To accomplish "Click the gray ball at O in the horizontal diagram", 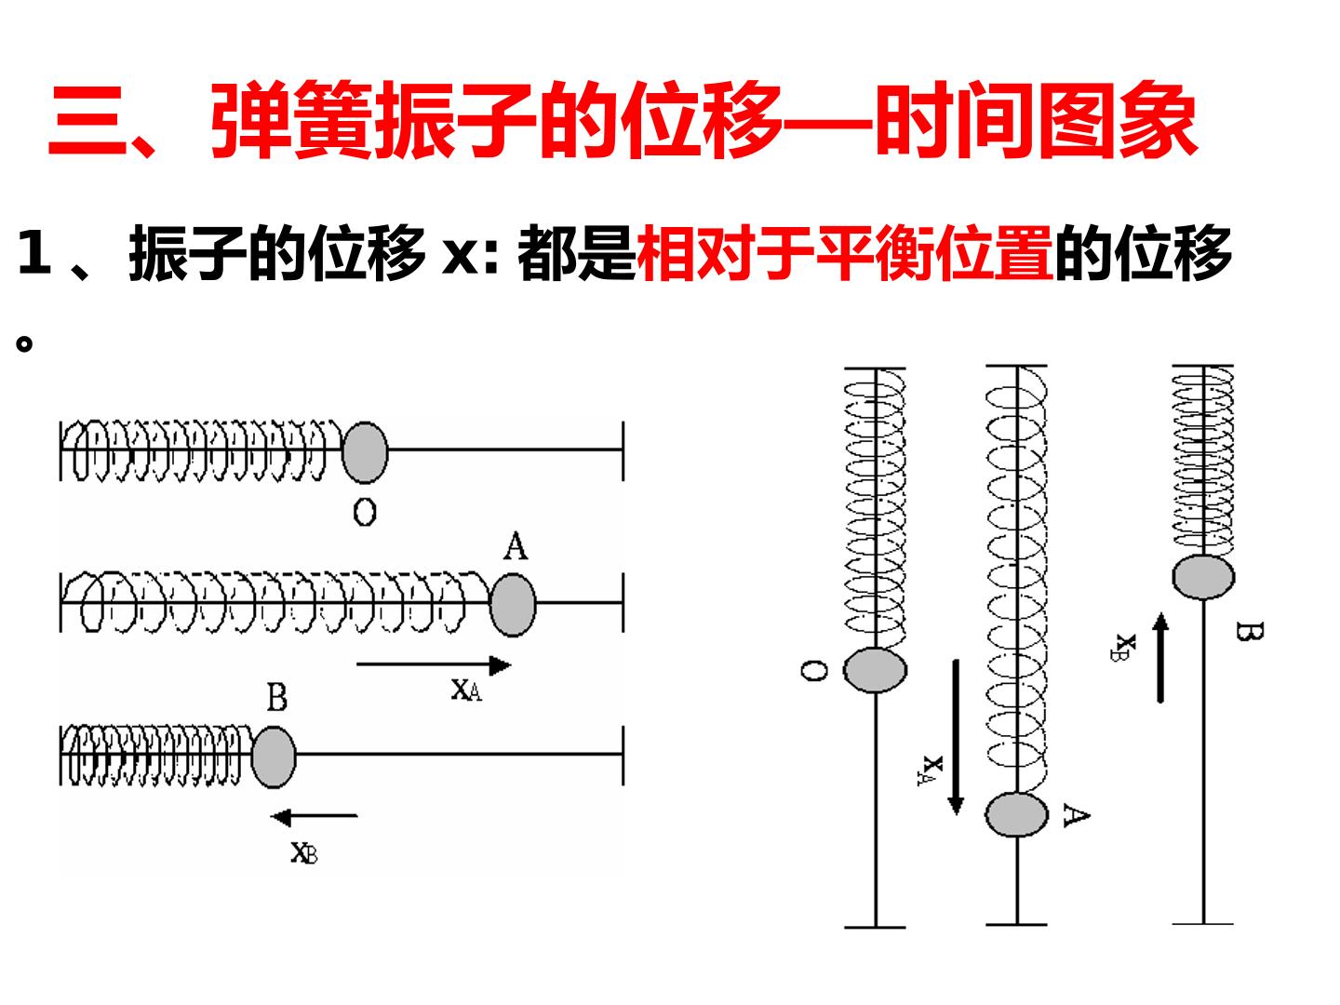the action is tap(365, 453).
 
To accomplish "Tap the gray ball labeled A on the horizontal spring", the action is tap(513, 605).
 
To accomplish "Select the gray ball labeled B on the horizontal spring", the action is tap(274, 757).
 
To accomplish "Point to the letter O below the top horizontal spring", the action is tap(365, 513).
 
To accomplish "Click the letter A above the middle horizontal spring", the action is tap(516, 546).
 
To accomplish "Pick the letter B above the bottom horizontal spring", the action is tap(277, 697).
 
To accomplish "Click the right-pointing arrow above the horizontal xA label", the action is tap(434, 664).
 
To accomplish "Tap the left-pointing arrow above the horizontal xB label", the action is tap(314, 816).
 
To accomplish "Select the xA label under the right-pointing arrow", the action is tap(466, 690).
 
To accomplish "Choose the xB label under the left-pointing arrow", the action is tap(304, 852).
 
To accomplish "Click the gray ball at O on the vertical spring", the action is tap(875, 671).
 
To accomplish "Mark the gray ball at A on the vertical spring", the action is tap(1016, 814).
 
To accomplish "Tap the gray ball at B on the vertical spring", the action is tap(1203, 577).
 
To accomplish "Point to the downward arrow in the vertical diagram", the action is tap(956, 737).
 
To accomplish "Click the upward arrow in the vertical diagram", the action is tap(1159, 658).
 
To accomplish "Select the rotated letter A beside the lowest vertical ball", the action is tap(1077, 815).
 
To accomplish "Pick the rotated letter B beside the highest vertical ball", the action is tap(1249, 632).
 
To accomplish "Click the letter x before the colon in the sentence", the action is tap(459, 257).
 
